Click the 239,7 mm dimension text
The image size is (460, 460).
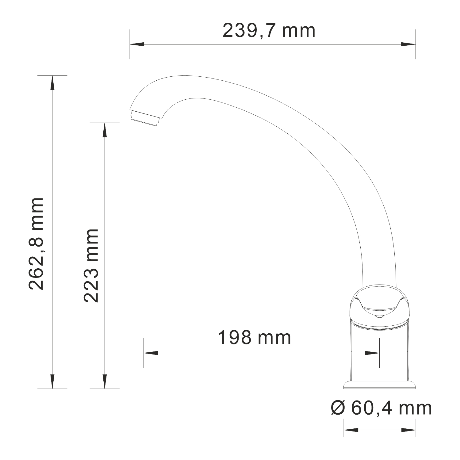click(x=269, y=31)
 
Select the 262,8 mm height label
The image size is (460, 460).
click(x=36, y=244)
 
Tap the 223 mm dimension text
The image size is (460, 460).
click(x=91, y=266)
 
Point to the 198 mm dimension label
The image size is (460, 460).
click(x=255, y=337)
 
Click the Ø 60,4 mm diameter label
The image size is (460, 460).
click(x=381, y=408)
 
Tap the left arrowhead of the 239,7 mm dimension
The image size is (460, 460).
click(x=137, y=44)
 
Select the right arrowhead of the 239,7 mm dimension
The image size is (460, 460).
click(x=408, y=44)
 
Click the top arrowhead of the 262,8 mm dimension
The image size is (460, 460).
click(x=52, y=83)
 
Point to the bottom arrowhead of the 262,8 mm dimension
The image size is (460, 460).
click(x=52, y=381)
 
